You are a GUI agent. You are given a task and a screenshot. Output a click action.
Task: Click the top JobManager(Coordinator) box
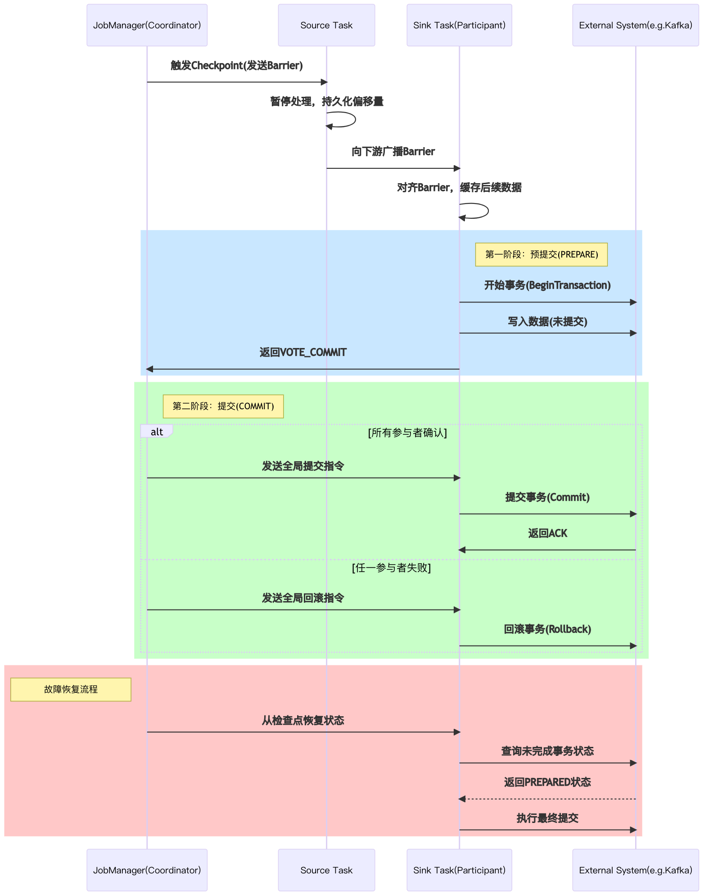click(x=147, y=25)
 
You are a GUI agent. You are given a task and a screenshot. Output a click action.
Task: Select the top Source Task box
click(x=326, y=25)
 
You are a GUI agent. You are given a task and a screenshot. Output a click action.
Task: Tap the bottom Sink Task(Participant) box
click(x=459, y=870)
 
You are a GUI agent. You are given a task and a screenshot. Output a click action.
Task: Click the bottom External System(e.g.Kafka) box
click(x=635, y=870)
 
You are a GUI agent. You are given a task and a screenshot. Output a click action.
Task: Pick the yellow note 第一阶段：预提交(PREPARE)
click(x=541, y=254)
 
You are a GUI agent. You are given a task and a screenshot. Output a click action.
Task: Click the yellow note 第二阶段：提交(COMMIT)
click(x=223, y=406)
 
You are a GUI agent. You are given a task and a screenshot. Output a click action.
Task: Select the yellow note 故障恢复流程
click(x=71, y=689)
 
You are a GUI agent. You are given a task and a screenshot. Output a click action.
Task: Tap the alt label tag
click(x=156, y=432)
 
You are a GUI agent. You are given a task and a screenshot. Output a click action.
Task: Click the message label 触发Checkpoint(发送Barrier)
click(x=236, y=66)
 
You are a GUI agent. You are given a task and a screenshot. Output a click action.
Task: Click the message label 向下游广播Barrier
click(x=393, y=152)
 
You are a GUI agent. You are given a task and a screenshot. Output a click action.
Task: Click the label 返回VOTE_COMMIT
click(x=303, y=353)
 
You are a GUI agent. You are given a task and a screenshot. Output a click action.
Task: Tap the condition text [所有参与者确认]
click(x=407, y=433)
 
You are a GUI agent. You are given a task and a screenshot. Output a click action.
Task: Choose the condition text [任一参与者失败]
click(x=391, y=568)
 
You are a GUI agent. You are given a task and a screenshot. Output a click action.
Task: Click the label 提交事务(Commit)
click(x=547, y=497)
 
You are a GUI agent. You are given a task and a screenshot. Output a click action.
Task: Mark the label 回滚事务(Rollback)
click(x=547, y=629)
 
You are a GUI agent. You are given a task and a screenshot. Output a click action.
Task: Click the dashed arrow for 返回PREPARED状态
click(x=547, y=799)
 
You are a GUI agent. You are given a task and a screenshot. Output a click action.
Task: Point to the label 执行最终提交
click(x=547, y=818)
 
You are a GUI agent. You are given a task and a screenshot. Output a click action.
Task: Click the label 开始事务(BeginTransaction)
click(x=547, y=285)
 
